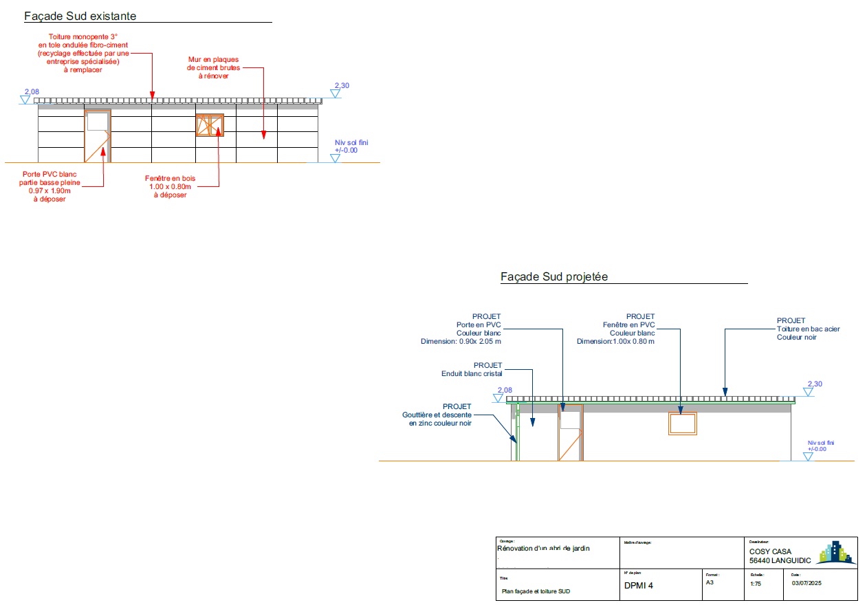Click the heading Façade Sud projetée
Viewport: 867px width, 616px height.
(553, 277)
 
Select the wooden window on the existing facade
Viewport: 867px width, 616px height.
(210, 125)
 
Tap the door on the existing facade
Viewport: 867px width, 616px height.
(97, 136)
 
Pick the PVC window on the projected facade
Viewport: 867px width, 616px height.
(683, 423)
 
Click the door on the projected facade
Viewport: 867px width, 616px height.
(570, 432)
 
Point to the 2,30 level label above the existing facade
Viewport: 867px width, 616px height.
(342, 86)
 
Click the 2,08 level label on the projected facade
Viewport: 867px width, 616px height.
(504, 390)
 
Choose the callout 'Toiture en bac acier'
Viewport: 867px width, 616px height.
(808, 329)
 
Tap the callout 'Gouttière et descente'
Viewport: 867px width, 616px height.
(437, 415)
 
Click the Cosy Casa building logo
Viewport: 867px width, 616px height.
(835, 553)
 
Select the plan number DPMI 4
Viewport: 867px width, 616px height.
(638, 586)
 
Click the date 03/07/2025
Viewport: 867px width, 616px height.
(807, 584)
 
